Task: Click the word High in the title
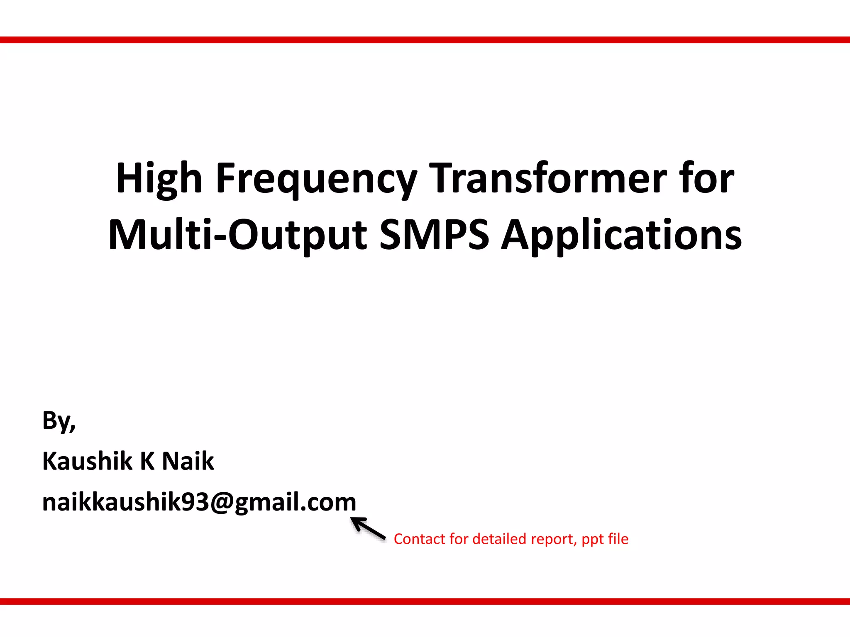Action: [159, 178]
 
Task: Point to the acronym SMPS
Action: [434, 235]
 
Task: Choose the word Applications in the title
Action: [621, 236]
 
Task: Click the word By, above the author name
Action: [59, 421]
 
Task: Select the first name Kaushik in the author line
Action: [87, 461]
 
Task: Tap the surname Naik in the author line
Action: [188, 461]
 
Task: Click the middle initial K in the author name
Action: [147, 461]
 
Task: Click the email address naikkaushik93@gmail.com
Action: [199, 502]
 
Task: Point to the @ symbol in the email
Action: [222, 503]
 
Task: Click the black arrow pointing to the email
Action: [368, 529]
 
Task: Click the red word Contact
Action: [419, 539]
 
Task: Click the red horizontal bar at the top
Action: [425, 40]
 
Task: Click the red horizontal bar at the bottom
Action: [425, 601]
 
